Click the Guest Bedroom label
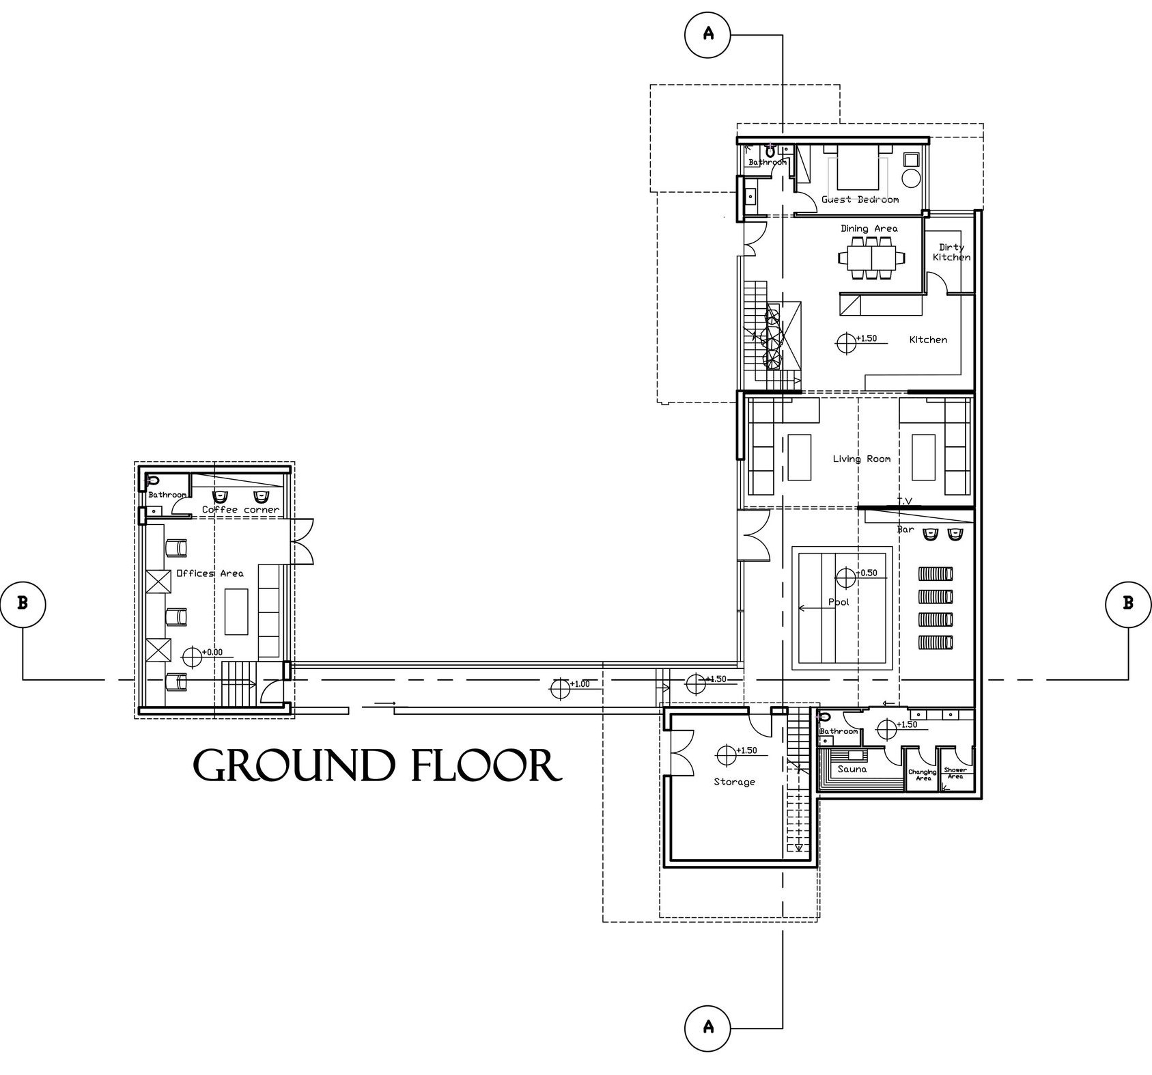(x=860, y=200)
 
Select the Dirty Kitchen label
(x=951, y=252)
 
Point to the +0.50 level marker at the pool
(x=846, y=577)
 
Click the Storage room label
(x=734, y=782)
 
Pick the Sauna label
(x=852, y=770)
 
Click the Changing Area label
(x=923, y=774)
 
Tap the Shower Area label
(x=955, y=773)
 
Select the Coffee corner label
(x=240, y=510)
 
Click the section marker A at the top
(x=707, y=33)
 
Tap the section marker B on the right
(x=1127, y=603)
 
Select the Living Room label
(x=861, y=459)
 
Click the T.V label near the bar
(x=904, y=502)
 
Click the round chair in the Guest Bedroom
(x=911, y=179)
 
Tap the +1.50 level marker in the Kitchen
(x=846, y=342)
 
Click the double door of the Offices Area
(x=302, y=541)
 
